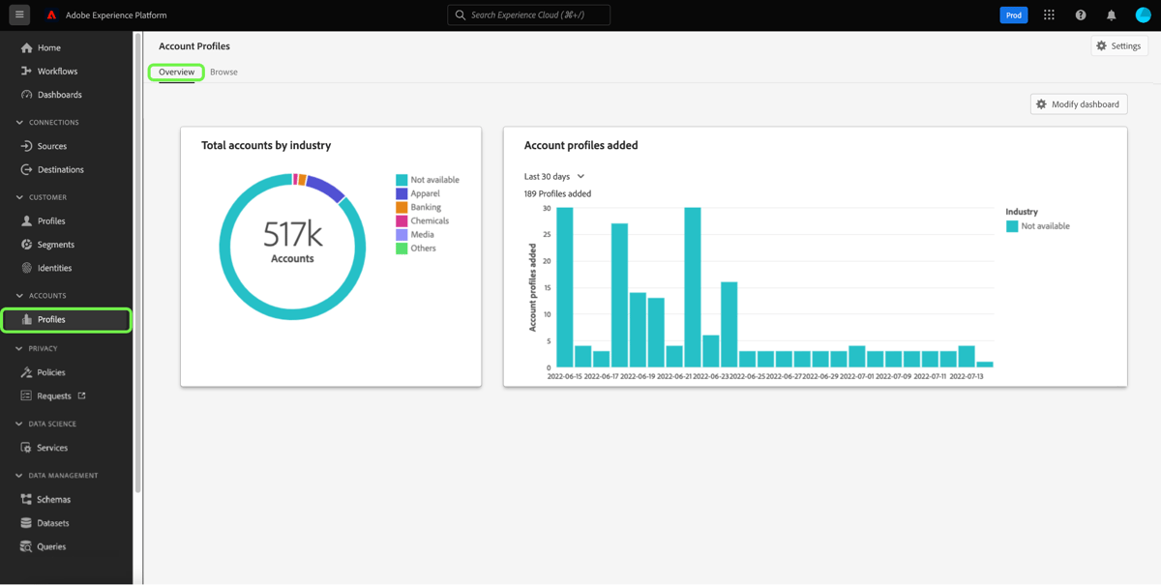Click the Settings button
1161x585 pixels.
[x=1118, y=46]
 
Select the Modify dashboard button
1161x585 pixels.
[x=1078, y=104]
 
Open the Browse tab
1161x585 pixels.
[x=223, y=73]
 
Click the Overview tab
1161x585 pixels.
[x=176, y=73]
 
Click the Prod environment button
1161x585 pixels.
[x=1013, y=15]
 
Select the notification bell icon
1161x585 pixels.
[x=1111, y=15]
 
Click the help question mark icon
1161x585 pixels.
[x=1080, y=15]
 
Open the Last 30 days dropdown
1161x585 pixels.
[x=554, y=177]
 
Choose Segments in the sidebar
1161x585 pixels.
[x=55, y=245]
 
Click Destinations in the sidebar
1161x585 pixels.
[x=60, y=169]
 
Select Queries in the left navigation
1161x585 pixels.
[x=51, y=546]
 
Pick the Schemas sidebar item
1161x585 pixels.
[x=53, y=500]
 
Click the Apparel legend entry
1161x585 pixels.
[x=424, y=193]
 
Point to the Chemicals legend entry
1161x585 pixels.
[x=429, y=220]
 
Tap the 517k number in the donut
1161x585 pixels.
[x=292, y=235]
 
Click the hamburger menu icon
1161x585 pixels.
[x=19, y=15]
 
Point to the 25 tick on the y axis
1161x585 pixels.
[x=547, y=235]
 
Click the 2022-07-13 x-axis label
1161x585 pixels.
[x=967, y=376]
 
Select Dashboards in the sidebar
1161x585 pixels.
[x=59, y=95]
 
